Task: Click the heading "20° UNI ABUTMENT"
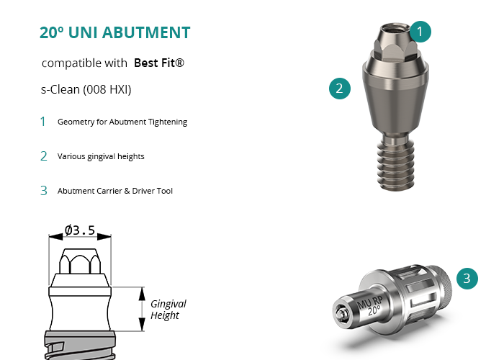coord(114,32)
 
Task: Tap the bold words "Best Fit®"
coord(159,63)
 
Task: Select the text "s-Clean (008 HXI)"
coord(86,89)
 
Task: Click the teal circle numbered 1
coord(420,32)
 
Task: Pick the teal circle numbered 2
coord(340,89)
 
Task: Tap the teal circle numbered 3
coord(467,279)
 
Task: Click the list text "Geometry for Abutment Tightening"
coord(122,122)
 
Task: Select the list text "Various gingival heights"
coord(101,156)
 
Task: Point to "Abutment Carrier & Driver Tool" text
coord(115,191)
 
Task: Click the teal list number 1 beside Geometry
coord(43,122)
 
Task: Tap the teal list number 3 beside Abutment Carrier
coord(44,191)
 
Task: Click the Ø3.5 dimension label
coord(80,230)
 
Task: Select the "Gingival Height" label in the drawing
coord(168,309)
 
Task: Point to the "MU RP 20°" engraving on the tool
coord(370,306)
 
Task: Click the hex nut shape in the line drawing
coord(80,261)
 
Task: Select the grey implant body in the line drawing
coord(80,345)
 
